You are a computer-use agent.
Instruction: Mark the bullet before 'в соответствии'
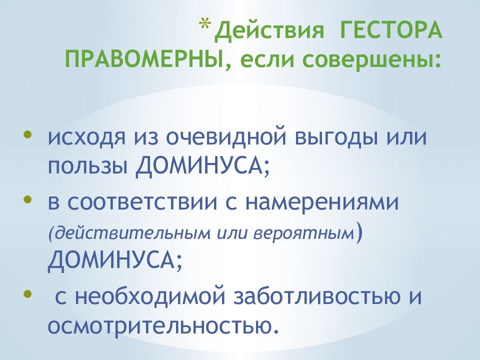[26, 201]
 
